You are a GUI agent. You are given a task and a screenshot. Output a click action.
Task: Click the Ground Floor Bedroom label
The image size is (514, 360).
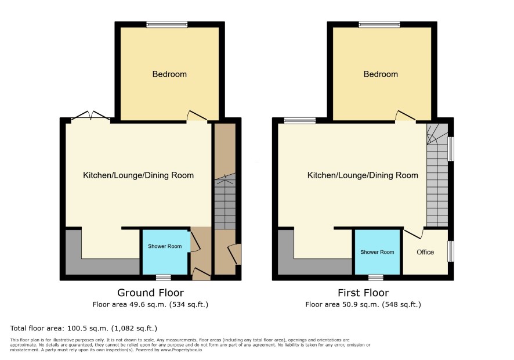(169, 74)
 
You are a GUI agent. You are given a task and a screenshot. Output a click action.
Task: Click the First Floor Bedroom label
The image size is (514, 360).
(381, 74)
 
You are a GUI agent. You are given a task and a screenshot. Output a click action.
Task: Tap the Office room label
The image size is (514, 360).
(425, 252)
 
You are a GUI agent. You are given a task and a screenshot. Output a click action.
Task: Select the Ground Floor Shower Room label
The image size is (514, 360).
(165, 246)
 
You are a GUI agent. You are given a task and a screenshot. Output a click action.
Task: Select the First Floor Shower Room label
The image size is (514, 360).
(377, 252)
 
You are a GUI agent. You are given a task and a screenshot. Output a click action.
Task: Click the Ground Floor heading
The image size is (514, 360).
(150, 293)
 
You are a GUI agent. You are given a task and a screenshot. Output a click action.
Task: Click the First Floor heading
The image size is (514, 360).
(363, 293)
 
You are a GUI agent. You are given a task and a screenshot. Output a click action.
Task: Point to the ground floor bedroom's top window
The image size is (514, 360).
(167, 24)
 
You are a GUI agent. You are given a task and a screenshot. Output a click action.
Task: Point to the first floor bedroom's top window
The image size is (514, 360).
(379, 24)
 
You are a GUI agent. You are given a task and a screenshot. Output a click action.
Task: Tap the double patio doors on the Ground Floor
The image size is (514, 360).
(91, 116)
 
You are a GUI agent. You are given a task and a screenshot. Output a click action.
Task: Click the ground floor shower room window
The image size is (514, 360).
(163, 278)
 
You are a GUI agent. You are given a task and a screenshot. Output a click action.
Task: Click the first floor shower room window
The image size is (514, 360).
(376, 278)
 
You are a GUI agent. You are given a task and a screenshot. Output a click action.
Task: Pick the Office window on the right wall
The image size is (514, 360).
(451, 251)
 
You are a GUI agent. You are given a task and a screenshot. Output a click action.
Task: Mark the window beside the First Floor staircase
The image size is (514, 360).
(451, 149)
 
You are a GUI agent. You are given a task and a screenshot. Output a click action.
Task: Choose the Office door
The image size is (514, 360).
(414, 233)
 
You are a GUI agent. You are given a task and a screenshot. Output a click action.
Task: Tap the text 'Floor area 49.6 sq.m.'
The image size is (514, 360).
(131, 304)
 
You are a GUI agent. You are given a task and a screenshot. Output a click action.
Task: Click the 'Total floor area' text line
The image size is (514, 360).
(84, 328)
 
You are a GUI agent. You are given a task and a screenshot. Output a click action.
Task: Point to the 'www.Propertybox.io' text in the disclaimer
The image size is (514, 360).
(181, 350)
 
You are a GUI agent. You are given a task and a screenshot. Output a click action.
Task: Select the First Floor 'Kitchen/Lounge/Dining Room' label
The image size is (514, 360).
(363, 175)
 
